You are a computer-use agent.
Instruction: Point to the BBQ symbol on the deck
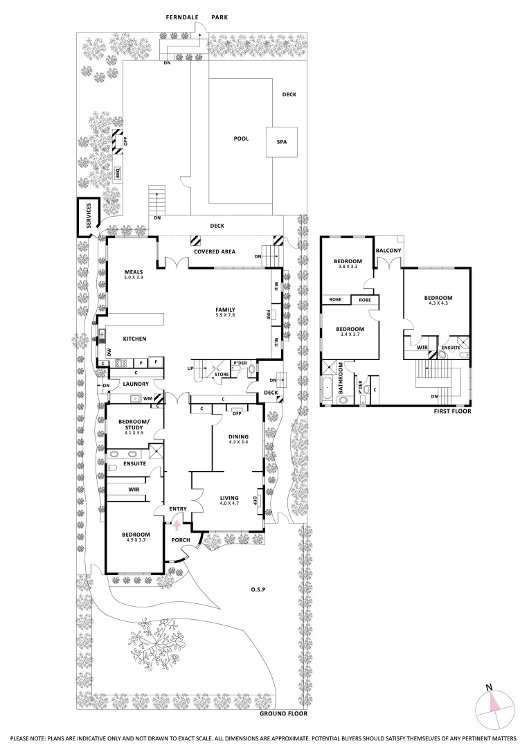118,173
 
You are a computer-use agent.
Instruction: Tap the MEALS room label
133,274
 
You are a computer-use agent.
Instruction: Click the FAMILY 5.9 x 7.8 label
226,312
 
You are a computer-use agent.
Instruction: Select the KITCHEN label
134,339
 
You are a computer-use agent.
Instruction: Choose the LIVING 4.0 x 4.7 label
229,500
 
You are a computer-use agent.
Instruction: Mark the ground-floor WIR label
134,490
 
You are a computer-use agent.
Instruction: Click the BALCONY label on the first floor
386,250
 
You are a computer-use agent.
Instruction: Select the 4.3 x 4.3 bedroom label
438,301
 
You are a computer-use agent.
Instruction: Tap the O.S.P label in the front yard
259,589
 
